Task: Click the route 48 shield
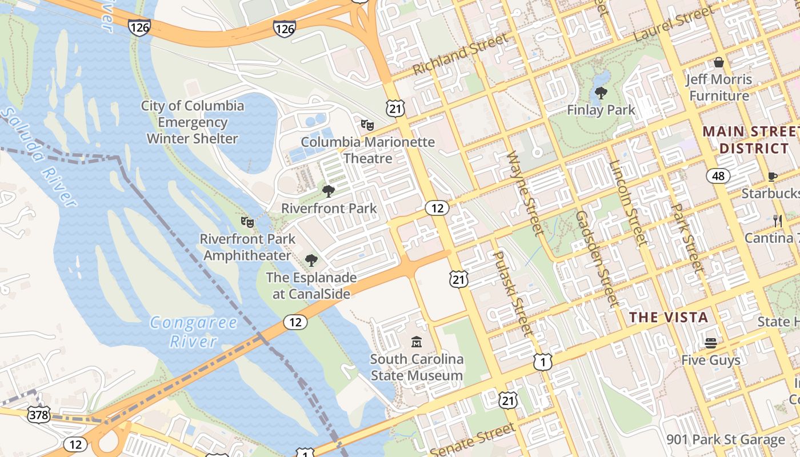tap(718, 176)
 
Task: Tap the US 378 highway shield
tap(38, 414)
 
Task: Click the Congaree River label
tap(194, 332)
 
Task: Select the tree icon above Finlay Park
tap(601, 93)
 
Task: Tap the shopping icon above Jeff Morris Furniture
tap(719, 62)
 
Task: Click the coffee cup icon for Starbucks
tap(773, 177)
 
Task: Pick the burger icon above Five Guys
tap(711, 343)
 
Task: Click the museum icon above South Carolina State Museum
tap(417, 342)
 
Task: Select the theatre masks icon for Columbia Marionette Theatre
tap(367, 124)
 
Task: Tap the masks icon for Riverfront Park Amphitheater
tap(247, 221)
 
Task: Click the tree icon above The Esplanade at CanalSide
tap(311, 260)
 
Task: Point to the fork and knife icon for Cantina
tap(777, 221)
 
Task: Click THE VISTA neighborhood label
tap(669, 318)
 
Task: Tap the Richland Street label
tap(459, 54)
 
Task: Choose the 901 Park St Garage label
tap(726, 440)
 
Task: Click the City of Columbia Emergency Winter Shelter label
tap(193, 122)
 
